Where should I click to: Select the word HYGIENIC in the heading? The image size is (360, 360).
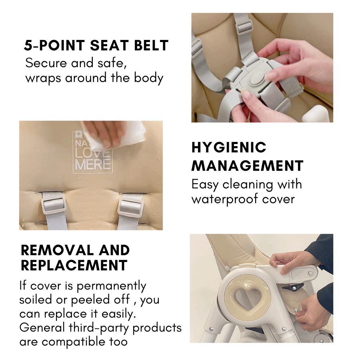tap(229, 147)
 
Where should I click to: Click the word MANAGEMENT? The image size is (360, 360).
tap(248, 166)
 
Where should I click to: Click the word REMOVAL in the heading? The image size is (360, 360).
tap(57, 250)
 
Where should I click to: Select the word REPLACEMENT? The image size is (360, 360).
tap(74, 266)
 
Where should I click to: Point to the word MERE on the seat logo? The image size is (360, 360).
tap(93, 164)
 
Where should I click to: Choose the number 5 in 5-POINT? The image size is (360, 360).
tap(28, 45)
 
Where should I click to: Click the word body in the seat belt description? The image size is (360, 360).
tap(148, 78)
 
